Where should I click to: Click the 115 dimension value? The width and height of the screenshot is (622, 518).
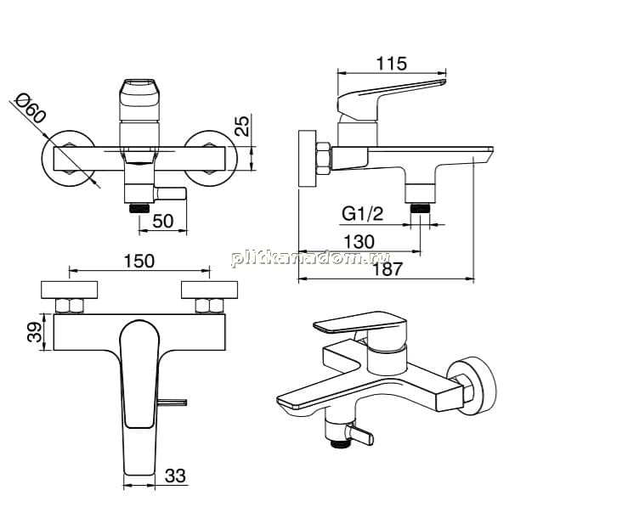pyautogui.click(x=391, y=64)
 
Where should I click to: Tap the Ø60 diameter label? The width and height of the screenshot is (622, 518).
pyautogui.click(x=31, y=109)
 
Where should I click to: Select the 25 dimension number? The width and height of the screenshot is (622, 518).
pyautogui.click(x=242, y=126)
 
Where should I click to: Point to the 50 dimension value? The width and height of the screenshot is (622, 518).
pyautogui.click(x=162, y=221)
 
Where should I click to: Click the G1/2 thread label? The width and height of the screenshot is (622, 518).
pyautogui.click(x=363, y=214)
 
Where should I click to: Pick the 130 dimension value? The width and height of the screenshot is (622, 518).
pyautogui.click(x=359, y=242)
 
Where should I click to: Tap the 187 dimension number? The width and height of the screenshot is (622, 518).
pyautogui.click(x=387, y=269)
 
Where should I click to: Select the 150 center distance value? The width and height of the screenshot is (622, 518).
pyautogui.click(x=139, y=261)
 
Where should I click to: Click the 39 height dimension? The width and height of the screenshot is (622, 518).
pyautogui.click(x=35, y=332)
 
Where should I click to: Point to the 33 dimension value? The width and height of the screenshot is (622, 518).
pyautogui.click(x=175, y=476)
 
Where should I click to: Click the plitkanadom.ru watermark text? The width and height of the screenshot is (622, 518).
pyautogui.click(x=310, y=258)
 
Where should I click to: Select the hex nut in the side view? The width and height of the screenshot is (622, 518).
pyautogui.click(x=323, y=159)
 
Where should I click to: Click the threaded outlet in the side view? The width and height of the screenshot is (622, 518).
pyautogui.click(x=420, y=208)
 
